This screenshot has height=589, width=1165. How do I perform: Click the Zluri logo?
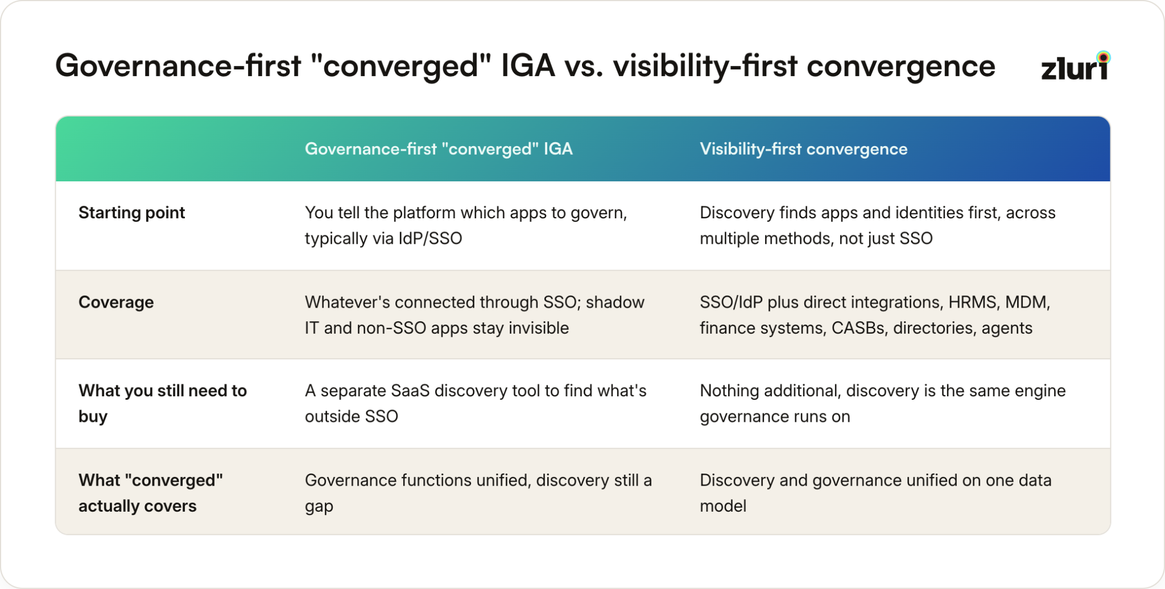[1076, 66]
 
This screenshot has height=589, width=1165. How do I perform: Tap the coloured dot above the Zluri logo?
[1104, 57]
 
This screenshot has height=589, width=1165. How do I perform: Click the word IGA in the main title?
[527, 65]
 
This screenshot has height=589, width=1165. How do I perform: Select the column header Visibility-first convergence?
[803, 149]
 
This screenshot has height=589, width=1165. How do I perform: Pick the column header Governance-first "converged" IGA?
[439, 149]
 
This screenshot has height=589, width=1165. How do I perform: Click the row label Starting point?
[131, 213]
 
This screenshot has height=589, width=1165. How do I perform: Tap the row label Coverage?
[116, 302]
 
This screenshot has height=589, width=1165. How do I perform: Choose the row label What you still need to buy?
[163, 403]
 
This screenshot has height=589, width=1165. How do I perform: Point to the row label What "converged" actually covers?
[151, 493]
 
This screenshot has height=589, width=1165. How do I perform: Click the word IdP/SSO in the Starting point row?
[430, 238]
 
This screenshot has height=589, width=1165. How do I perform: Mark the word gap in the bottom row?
[319, 507]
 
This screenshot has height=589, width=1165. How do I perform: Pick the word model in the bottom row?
[723, 506]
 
